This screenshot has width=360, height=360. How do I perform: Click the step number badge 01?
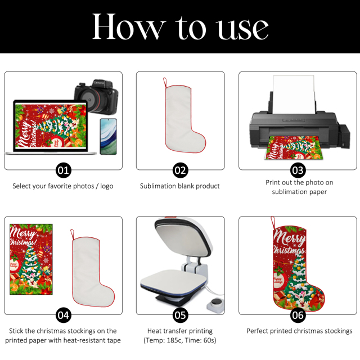pyautogui.click(x=64, y=170)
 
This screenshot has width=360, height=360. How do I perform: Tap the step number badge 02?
pyautogui.click(x=180, y=170)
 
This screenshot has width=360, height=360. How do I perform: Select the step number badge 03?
pyautogui.click(x=298, y=170)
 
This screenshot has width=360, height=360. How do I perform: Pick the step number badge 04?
pyautogui.click(x=64, y=315)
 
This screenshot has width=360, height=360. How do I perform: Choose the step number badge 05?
pyautogui.click(x=180, y=315)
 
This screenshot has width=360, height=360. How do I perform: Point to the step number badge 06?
pyautogui.click(x=298, y=315)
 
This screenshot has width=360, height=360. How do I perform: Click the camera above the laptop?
pyautogui.click(x=96, y=96)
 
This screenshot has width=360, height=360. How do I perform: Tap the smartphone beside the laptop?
pyautogui.click(x=109, y=137)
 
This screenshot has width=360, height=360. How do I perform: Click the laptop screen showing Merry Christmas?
pyautogui.click(x=51, y=126)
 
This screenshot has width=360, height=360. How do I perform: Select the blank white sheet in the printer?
pyautogui.click(x=294, y=94)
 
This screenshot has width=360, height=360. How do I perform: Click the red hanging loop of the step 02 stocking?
pyautogui.click(x=165, y=83)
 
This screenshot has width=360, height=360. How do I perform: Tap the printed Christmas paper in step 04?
pyautogui.click(x=31, y=259)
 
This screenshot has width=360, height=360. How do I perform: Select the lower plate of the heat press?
pyautogui.click(x=174, y=283)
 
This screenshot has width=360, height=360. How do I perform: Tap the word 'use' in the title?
pyautogui.click(x=243, y=29)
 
